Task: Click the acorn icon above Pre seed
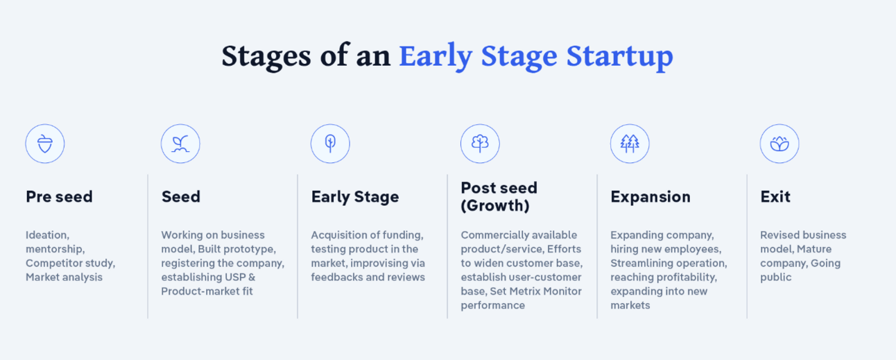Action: (45, 144)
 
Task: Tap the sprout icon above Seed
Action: (180, 144)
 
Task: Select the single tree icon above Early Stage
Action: (330, 144)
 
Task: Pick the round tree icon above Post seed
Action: (480, 144)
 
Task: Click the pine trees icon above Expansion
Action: (630, 144)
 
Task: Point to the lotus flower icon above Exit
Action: (779, 144)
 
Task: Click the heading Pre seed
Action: (59, 197)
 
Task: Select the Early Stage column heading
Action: (355, 197)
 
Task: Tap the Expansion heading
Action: (651, 197)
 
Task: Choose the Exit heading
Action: (775, 197)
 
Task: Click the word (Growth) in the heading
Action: (495, 205)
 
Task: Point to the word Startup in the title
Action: (619, 56)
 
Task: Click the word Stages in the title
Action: (266, 56)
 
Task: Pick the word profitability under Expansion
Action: (689, 277)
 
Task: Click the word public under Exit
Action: (776, 277)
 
